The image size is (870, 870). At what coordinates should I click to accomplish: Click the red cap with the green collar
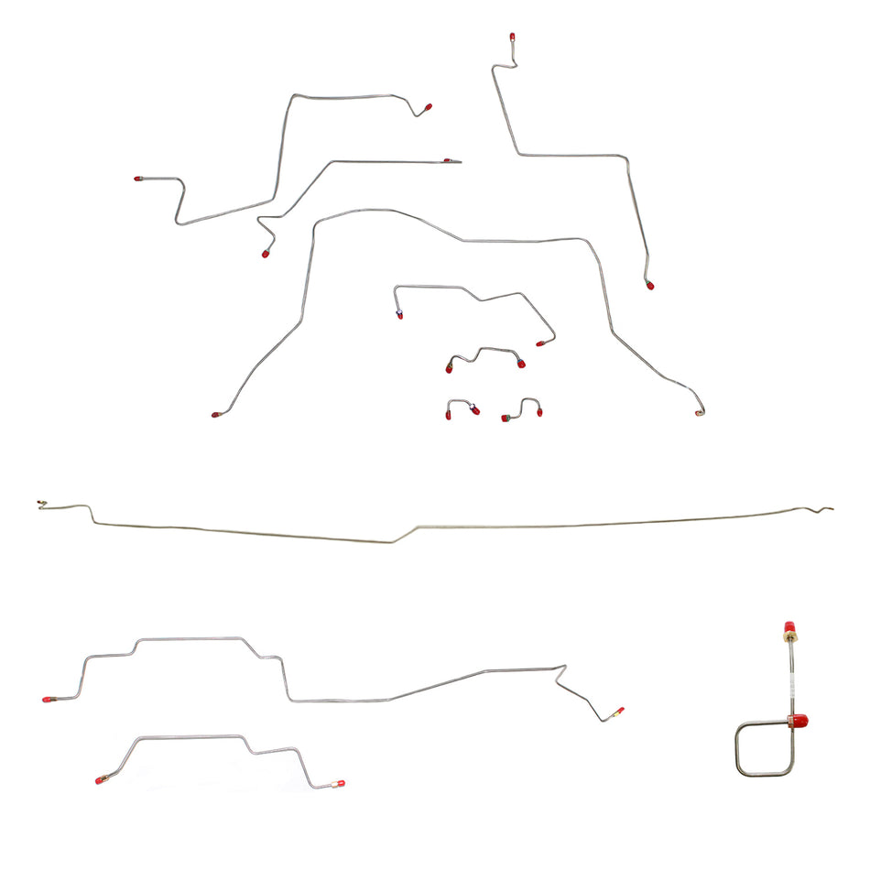point(505,419)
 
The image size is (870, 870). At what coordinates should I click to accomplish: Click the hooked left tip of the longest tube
point(42,503)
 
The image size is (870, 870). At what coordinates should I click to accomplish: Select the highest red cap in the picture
point(512,38)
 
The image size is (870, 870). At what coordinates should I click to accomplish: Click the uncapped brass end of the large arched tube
point(699,414)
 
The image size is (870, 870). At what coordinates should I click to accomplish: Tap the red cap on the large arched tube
point(216,415)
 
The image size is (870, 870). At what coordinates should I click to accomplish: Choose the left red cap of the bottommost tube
point(100,781)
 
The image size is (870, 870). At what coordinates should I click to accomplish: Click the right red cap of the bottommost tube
point(341,784)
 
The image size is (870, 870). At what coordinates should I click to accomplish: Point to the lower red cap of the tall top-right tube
point(650,286)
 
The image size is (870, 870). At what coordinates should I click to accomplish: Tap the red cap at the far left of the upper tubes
point(138,179)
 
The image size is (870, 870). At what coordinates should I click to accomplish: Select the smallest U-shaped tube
point(462,408)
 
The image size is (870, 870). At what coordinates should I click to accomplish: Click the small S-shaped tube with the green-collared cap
point(522,409)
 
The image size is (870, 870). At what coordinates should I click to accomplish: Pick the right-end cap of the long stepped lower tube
point(620,710)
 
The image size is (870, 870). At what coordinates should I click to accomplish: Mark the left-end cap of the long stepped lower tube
point(47,699)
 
